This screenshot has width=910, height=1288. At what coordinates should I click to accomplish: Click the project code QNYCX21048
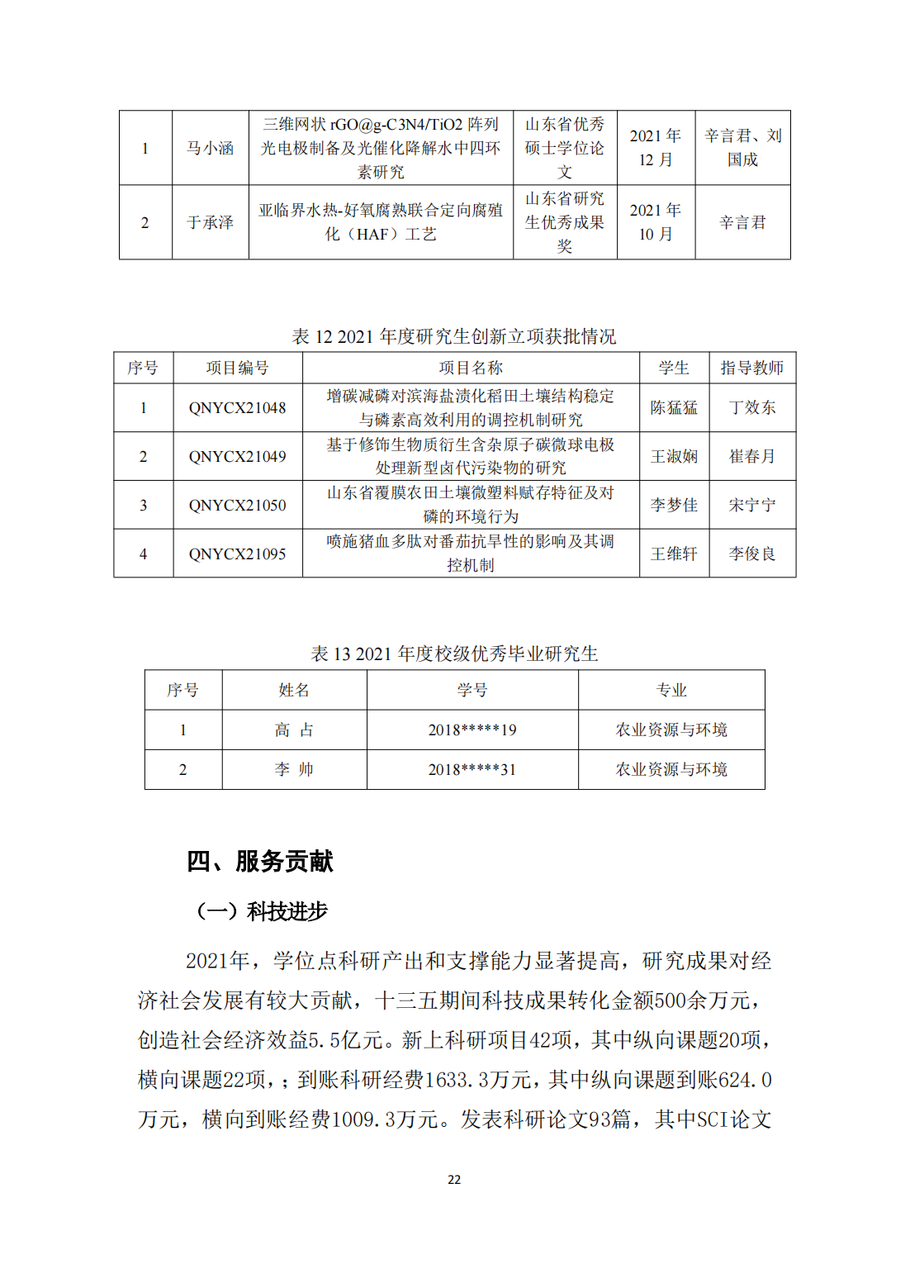point(237,408)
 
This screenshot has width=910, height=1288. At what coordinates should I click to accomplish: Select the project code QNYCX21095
point(237,554)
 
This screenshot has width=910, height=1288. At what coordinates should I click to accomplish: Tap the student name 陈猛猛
point(674,408)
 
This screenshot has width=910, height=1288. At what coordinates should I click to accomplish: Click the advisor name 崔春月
point(751,457)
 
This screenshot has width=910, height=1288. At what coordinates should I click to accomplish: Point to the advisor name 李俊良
point(751,554)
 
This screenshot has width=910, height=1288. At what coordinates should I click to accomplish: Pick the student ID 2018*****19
point(472,730)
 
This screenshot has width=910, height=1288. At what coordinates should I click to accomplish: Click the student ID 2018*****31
point(472,770)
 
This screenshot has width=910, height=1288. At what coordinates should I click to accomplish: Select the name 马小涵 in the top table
point(210,149)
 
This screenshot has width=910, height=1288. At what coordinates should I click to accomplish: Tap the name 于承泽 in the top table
point(210,223)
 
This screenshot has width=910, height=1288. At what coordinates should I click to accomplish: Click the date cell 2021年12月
point(656,148)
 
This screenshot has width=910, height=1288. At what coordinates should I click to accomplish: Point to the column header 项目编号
point(237,368)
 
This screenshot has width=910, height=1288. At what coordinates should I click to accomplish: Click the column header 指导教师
point(751,368)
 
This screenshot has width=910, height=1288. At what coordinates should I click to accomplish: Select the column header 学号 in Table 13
point(472,691)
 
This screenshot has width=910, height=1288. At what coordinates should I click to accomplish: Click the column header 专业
point(671,691)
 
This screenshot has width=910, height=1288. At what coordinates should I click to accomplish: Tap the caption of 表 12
point(454,337)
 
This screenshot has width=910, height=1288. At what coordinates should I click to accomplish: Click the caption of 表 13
point(454,654)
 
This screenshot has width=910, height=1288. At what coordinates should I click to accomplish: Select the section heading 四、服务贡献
point(260,862)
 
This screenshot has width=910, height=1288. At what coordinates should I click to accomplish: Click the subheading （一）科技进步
point(262,912)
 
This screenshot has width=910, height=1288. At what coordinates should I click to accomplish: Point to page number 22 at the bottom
point(454,1180)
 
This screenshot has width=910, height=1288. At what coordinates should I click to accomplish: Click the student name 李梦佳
point(674,506)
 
